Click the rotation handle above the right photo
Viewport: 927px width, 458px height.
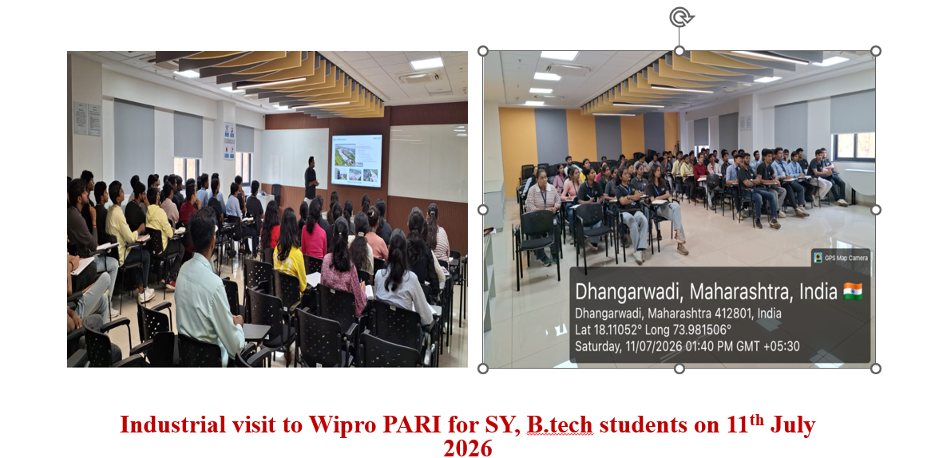pyautogui.click(x=680, y=17)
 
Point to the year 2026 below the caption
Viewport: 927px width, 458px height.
pyautogui.click(x=468, y=448)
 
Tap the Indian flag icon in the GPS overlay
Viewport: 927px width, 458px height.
pyautogui.click(x=853, y=290)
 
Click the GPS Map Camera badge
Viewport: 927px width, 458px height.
pyautogui.click(x=840, y=257)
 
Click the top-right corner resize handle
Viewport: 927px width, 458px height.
pyautogui.click(x=876, y=51)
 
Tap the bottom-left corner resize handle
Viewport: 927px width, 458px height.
pyautogui.click(x=482, y=368)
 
